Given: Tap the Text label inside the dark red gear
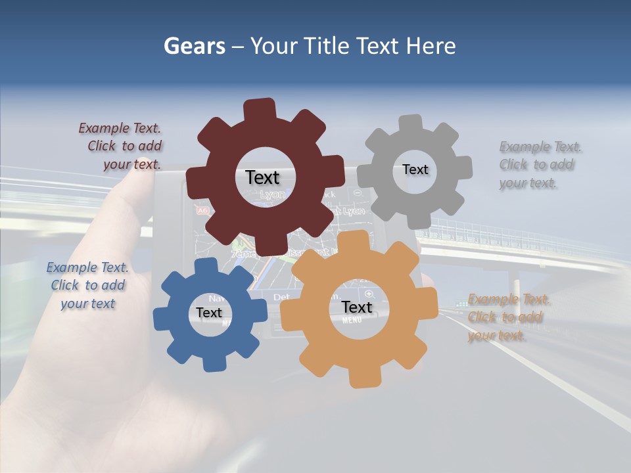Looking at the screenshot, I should click(262, 177).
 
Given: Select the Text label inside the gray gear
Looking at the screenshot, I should click(415, 169).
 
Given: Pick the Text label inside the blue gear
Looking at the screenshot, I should click(209, 313).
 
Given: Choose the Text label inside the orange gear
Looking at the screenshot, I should click(356, 307).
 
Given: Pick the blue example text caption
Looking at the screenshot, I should click(87, 286).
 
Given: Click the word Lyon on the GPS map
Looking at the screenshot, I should click(273, 195).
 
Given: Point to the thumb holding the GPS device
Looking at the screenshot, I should click(135, 191).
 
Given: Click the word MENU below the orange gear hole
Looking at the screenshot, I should click(352, 321).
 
